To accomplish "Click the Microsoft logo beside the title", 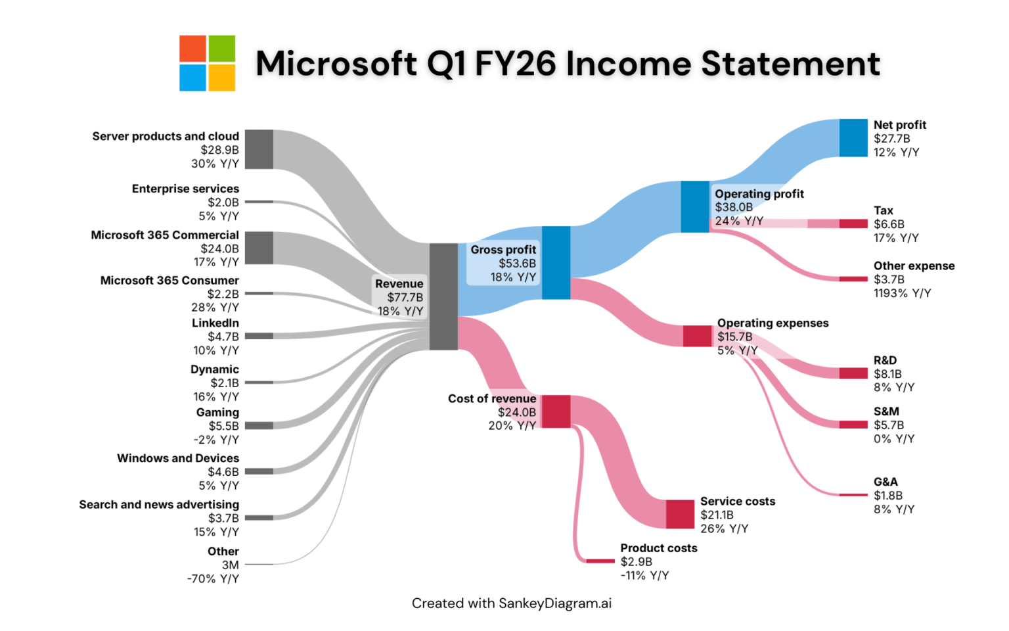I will pos(208,63).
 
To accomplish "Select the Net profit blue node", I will pos(853,138).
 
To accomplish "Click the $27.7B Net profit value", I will pos(891,139).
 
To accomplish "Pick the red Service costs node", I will pos(680,514).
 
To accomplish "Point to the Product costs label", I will pos(658,548).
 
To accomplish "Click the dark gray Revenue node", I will pos(443,296).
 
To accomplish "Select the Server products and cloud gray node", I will pos(259,149).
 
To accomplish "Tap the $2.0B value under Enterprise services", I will pos(223,202).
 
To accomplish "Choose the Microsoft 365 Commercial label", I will pos(165,235).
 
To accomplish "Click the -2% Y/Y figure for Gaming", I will pos(216,440).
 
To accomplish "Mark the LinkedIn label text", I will pos(215,323).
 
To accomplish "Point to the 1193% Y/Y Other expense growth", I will pos(902,293).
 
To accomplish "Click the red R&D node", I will pos(853,373).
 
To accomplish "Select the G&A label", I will pos(886,482).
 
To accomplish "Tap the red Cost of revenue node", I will pos(556,411).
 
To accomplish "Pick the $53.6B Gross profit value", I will pos(517,264).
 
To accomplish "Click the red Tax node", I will pos(853,223).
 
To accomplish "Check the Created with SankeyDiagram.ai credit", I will pos(511,603).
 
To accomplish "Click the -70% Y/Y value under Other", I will pos(213,579).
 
